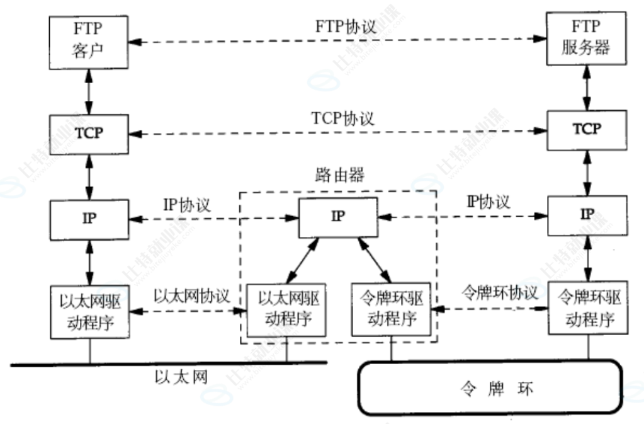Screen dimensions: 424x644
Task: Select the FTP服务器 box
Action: (x=586, y=39)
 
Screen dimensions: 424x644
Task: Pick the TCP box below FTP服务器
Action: (x=586, y=129)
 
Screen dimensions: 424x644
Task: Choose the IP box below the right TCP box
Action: (x=586, y=214)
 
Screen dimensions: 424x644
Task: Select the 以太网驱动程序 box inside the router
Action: (x=287, y=309)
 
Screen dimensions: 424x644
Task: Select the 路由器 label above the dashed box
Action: (x=339, y=176)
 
